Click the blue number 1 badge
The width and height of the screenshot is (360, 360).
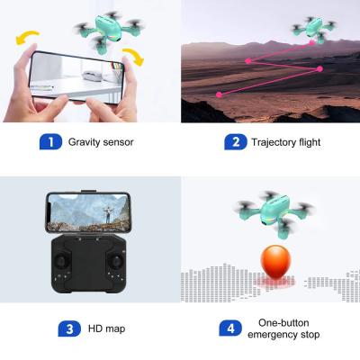pyautogui.click(x=50, y=142)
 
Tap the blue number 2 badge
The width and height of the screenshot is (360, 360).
pyautogui.click(x=236, y=142)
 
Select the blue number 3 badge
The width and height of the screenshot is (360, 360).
pyautogui.click(x=69, y=328)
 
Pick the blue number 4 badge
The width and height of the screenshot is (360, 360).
pyautogui.click(x=230, y=328)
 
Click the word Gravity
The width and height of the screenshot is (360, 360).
pyautogui.click(x=84, y=142)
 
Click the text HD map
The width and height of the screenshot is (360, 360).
pyautogui.click(x=106, y=328)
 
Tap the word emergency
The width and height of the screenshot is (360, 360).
pyautogui.click(x=272, y=335)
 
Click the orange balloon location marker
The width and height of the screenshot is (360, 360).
pyautogui.click(x=275, y=262)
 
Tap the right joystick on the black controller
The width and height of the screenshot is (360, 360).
pyautogui.click(x=115, y=261)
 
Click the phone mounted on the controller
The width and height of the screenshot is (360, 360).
pyautogui.click(x=88, y=212)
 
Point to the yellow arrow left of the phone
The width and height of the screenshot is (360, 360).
pyautogui.click(x=26, y=37)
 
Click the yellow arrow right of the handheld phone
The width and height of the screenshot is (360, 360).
pyautogui.click(x=133, y=56)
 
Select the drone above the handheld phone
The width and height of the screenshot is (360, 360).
pyautogui.click(x=109, y=31)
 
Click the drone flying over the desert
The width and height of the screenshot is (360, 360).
pyautogui.click(x=313, y=30)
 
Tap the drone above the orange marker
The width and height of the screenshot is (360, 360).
pyautogui.click(x=275, y=214)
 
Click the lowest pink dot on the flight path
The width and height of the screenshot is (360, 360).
pyautogui.click(x=220, y=94)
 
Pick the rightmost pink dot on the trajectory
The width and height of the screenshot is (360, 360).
pyautogui.click(x=319, y=69)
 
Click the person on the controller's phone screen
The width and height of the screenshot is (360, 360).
pyautogui.click(x=107, y=214)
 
